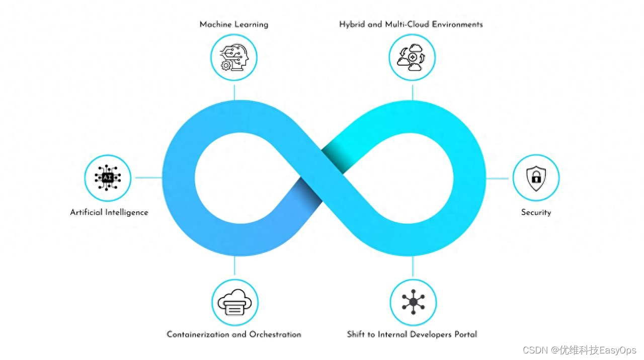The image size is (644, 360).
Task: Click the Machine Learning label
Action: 234,24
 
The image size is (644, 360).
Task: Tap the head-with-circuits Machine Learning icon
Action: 234,57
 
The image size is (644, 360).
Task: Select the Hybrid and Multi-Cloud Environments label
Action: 411,24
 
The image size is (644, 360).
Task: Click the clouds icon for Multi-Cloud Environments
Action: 413,57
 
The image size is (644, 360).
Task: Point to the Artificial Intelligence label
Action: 109,212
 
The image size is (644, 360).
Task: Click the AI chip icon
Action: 108,177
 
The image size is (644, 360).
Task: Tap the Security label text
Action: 536,212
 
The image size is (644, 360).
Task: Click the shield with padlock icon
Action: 536,177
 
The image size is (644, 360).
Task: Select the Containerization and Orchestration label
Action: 234,334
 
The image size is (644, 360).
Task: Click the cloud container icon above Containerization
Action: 234,303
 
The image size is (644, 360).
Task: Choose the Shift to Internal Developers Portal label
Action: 412,334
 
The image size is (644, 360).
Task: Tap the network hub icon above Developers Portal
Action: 413,302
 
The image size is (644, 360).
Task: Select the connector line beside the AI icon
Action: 147,177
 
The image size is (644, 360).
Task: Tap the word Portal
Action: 465,334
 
